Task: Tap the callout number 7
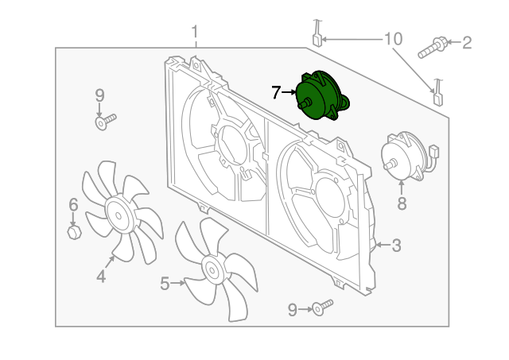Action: pos(276,93)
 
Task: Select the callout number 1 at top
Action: pos(194,33)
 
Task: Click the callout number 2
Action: pos(467,42)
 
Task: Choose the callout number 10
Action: pos(394,39)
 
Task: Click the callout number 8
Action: pos(402,203)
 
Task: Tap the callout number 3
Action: pos(395,246)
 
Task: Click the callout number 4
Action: pos(101,276)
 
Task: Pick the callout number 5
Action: pos(165,283)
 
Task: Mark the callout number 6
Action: pos(73,205)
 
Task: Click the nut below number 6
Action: pos(74,233)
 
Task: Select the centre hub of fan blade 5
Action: pos(213,269)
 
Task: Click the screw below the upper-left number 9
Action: pos(104,122)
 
